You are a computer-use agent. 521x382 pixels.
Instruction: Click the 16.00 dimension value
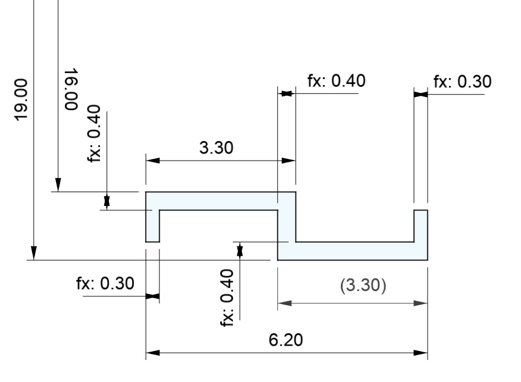click(71, 89)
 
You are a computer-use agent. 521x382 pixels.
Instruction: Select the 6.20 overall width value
click(285, 340)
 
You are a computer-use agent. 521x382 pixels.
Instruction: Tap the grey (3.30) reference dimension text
click(363, 286)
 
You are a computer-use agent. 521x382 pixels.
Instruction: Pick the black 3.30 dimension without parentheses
click(216, 148)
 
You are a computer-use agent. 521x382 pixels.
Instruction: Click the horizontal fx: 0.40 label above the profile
click(336, 81)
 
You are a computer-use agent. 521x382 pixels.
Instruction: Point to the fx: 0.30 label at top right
click(463, 82)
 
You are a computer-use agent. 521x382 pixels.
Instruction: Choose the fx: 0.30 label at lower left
click(105, 283)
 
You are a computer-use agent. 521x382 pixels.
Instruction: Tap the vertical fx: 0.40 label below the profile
click(227, 298)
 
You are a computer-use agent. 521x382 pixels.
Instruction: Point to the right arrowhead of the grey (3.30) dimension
click(421, 303)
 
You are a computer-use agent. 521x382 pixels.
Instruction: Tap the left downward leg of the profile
click(152, 226)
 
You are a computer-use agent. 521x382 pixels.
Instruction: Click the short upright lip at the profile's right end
click(420, 226)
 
